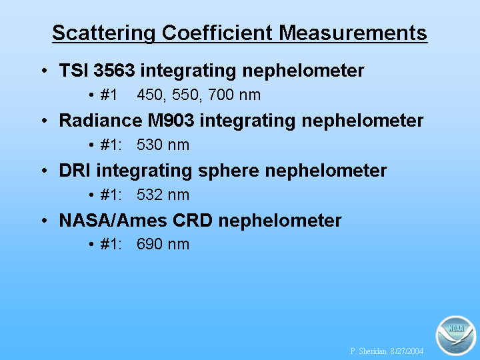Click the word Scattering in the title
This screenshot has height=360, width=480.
[104, 33]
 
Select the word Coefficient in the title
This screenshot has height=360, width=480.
[217, 33]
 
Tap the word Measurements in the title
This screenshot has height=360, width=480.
[353, 33]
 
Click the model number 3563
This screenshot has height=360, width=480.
[114, 70]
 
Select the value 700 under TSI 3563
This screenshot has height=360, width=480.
[221, 95]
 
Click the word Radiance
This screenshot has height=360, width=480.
[101, 120]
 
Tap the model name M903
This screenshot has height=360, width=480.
[171, 120]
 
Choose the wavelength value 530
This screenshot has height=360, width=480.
[150, 145]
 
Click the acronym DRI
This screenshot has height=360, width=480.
[75, 170]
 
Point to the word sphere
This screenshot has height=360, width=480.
[229, 171]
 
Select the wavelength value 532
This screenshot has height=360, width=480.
[150, 195]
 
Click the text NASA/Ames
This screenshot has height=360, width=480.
[113, 221]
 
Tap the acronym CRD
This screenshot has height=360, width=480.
[193, 221]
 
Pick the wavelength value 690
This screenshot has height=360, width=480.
[150, 244]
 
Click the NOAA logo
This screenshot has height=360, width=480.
[455, 335]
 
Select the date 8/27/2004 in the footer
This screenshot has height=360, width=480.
[407, 351]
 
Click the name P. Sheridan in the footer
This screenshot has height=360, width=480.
[368, 351]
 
